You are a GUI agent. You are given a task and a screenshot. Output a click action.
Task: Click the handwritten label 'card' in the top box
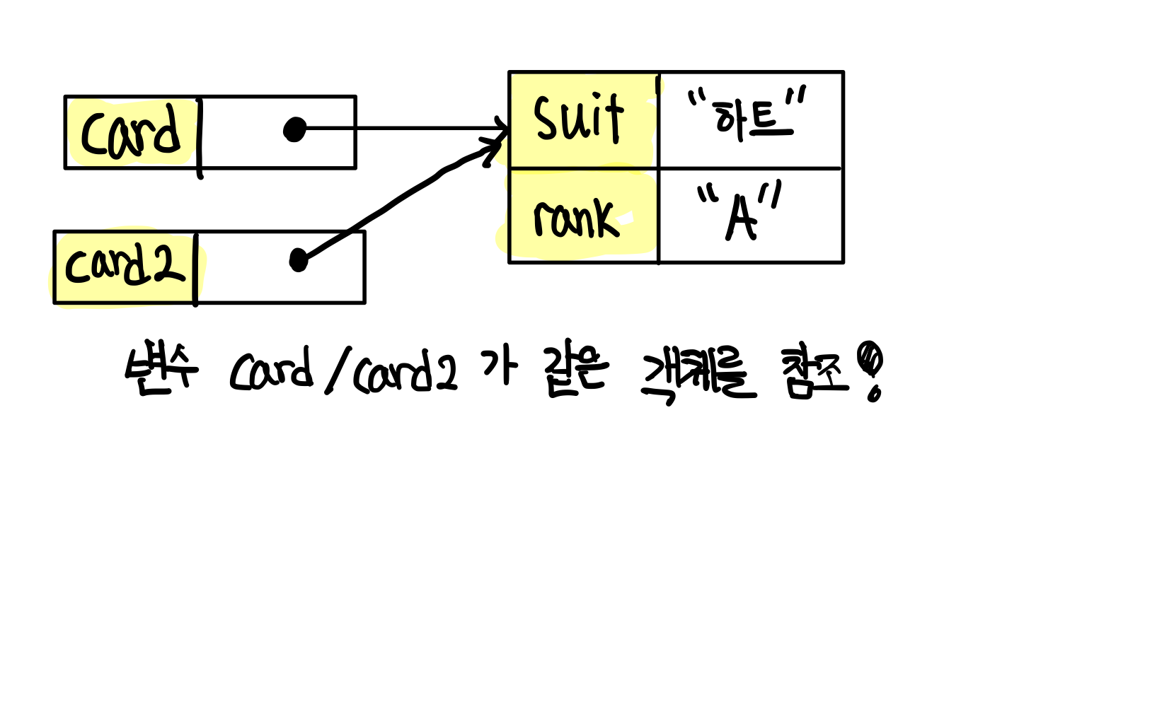coord(132,132)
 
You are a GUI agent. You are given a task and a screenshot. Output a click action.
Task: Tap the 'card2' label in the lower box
coord(125,265)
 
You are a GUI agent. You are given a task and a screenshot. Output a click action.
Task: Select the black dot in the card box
coord(294,129)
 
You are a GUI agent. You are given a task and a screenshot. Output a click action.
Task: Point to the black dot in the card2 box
coord(299,260)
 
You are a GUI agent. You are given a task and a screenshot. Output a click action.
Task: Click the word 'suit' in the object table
coord(579,119)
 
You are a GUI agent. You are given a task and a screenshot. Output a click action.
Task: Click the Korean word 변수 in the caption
coord(161,369)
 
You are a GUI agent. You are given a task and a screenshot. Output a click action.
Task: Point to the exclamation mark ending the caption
coord(870,370)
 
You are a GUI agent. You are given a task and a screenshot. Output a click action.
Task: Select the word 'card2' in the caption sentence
coord(405,372)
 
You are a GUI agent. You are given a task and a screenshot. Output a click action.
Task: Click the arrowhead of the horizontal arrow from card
coord(501,129)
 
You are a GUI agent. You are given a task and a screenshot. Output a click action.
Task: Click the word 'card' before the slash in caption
coord(271,370)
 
